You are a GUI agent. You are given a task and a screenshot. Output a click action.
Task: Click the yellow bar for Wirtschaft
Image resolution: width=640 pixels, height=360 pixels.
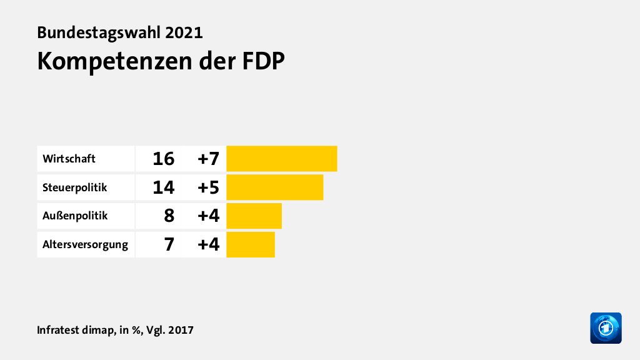pyautogui.click(x=282, y=159)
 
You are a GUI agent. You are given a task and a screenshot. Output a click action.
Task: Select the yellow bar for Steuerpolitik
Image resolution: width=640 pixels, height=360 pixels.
pyautogui.click(x=275, y=187)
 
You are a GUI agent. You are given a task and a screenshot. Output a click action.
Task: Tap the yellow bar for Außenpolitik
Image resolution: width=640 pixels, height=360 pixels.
pyautogui.click(x=254, y=216)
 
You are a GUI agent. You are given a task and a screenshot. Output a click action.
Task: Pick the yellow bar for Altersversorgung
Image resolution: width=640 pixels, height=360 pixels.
pyautogui.click(x=251, y=244)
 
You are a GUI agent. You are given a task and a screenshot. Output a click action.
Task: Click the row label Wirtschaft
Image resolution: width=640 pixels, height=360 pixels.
pyautogui.click(x=69, y=159)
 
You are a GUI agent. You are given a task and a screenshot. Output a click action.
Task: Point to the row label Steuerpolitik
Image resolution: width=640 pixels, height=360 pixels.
pyautogui.click(x=75, y=187)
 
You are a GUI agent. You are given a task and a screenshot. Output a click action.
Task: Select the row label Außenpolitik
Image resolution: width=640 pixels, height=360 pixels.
pyautogui.click(x=75, y=216)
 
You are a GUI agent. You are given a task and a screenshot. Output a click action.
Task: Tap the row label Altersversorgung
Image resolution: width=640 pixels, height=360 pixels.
pyautogui.click(x=85, y=244)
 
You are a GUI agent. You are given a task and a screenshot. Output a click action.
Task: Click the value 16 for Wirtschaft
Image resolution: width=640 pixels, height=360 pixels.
pyautogui.click(x=163, y=159)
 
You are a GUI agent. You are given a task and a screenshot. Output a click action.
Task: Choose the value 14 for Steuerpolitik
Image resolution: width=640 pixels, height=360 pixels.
pyautogui.click(x=163, y=187)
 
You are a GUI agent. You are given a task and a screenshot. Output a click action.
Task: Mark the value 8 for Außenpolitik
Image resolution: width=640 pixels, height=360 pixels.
pyautogui.click(x=169, y=216)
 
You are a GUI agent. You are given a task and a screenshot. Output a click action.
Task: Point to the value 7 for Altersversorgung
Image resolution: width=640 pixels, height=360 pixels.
pyautogui.click(x=169, y=244)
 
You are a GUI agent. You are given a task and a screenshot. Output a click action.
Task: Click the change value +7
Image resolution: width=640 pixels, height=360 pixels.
pyautogui.click(x=208, y=159)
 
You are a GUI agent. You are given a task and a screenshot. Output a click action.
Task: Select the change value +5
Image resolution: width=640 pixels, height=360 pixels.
pyautogui.click(x=208, y=187)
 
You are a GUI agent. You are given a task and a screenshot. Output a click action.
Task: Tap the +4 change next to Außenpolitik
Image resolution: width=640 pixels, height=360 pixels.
pyautogui.click(x=208, y=216)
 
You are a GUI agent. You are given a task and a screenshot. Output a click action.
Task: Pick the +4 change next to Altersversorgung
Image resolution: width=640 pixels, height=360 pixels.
pyautogui.click(x=208, y=244)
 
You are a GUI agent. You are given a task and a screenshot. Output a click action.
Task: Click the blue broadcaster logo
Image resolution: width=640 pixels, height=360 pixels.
pyautogui.click(x=606, y=328)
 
